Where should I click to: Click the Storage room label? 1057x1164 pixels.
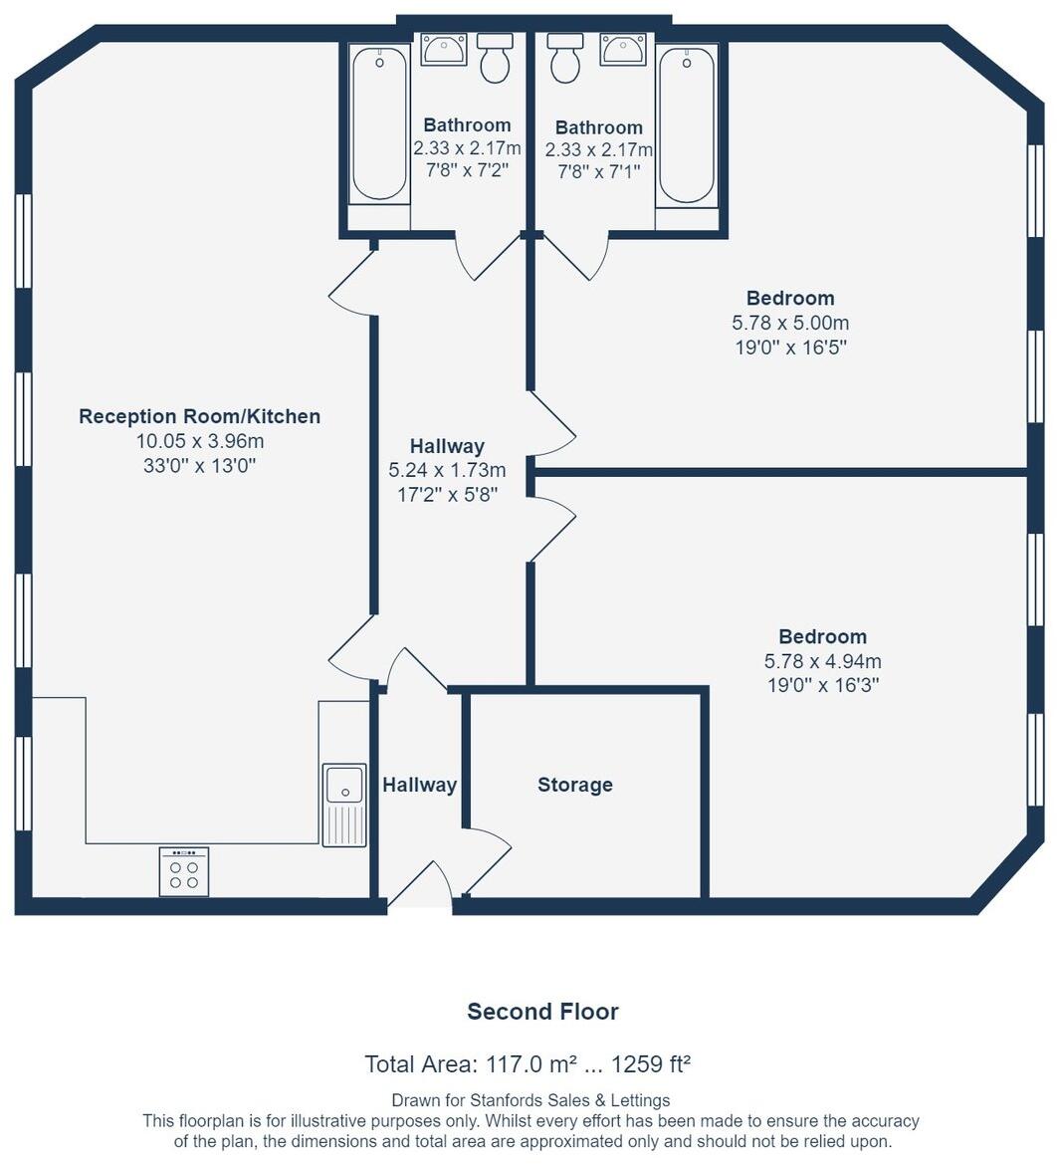click(574, 785)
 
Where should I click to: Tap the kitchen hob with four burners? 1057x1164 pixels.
click(184, 871)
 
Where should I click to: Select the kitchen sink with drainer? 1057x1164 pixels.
click(344, 805)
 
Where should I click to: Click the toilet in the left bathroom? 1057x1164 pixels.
click(495, 57)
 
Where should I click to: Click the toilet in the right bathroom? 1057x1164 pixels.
click(565, 57)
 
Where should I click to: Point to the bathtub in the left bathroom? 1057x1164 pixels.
click(379, 124)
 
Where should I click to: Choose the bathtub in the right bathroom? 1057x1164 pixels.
click(687, 125)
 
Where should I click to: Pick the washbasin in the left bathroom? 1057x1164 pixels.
click(444, 49)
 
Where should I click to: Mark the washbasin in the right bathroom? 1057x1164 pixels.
click(623, 49)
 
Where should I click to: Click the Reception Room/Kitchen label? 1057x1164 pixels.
click(200, 416)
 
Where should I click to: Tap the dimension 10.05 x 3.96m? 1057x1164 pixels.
click(200, 441)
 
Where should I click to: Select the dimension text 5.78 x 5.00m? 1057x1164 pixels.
click(790, 323)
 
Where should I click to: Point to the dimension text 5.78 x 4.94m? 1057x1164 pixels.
click(823, 661)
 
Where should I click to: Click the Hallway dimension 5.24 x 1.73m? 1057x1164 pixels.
click(448, 470)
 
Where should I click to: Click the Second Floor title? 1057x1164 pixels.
click(542, 1011)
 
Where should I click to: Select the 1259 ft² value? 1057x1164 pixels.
click(651, 1063)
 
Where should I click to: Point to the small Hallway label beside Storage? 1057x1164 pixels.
click(419, 785)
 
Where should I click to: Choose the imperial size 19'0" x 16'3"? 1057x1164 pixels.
click(823, 684)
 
